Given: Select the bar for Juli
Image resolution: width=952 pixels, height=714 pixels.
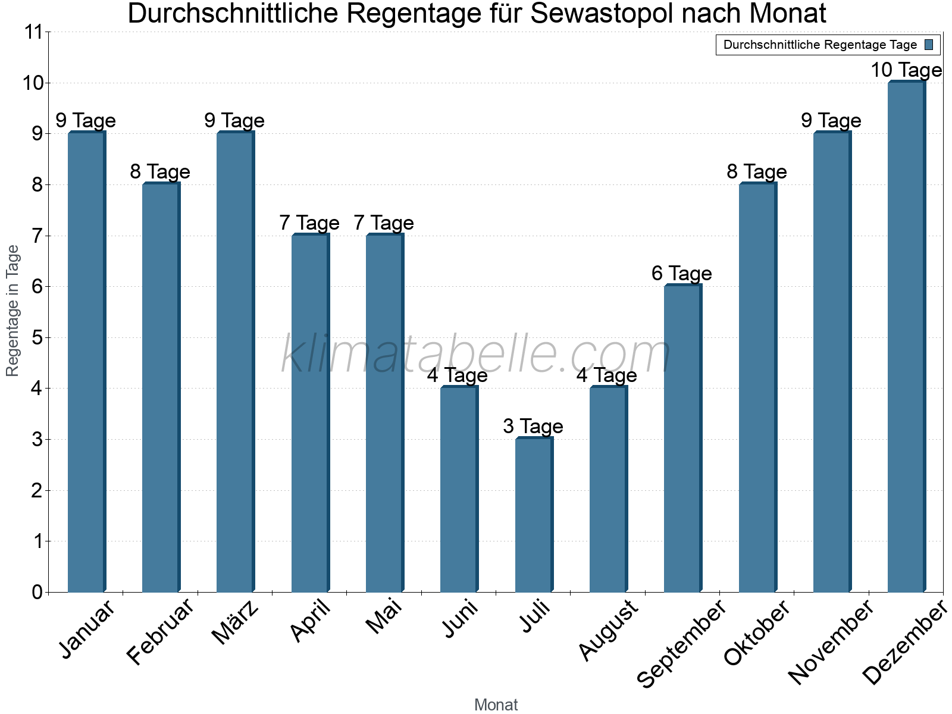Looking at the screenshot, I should (533, 515).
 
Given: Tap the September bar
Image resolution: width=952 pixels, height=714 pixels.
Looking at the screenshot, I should (682, 439).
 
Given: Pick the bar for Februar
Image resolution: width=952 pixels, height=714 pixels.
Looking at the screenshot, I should (160, 387).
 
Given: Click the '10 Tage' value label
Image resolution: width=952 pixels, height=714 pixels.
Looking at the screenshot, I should (906, 70).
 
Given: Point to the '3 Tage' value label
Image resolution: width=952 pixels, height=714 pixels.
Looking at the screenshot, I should (533, 426).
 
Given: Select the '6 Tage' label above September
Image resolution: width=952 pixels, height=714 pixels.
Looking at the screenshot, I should (681, 273).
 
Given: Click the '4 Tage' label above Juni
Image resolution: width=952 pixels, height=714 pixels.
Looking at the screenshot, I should (457, 375).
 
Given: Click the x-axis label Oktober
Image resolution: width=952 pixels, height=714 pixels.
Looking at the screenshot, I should (757, 632).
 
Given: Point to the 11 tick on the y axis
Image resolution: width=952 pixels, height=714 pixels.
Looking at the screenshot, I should (34, 32).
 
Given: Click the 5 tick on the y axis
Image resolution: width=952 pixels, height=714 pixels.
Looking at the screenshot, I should (37, 338).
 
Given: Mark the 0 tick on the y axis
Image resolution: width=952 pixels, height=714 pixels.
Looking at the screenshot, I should (37, 592).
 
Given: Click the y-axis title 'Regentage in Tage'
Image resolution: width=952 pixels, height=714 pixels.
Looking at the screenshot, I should (12, 311).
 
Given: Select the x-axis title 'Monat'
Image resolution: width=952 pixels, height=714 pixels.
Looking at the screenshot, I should (496, 704).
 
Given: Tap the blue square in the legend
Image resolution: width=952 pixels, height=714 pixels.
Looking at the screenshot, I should (929, 45).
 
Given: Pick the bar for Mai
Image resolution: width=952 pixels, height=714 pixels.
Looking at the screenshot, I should (384, 413).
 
